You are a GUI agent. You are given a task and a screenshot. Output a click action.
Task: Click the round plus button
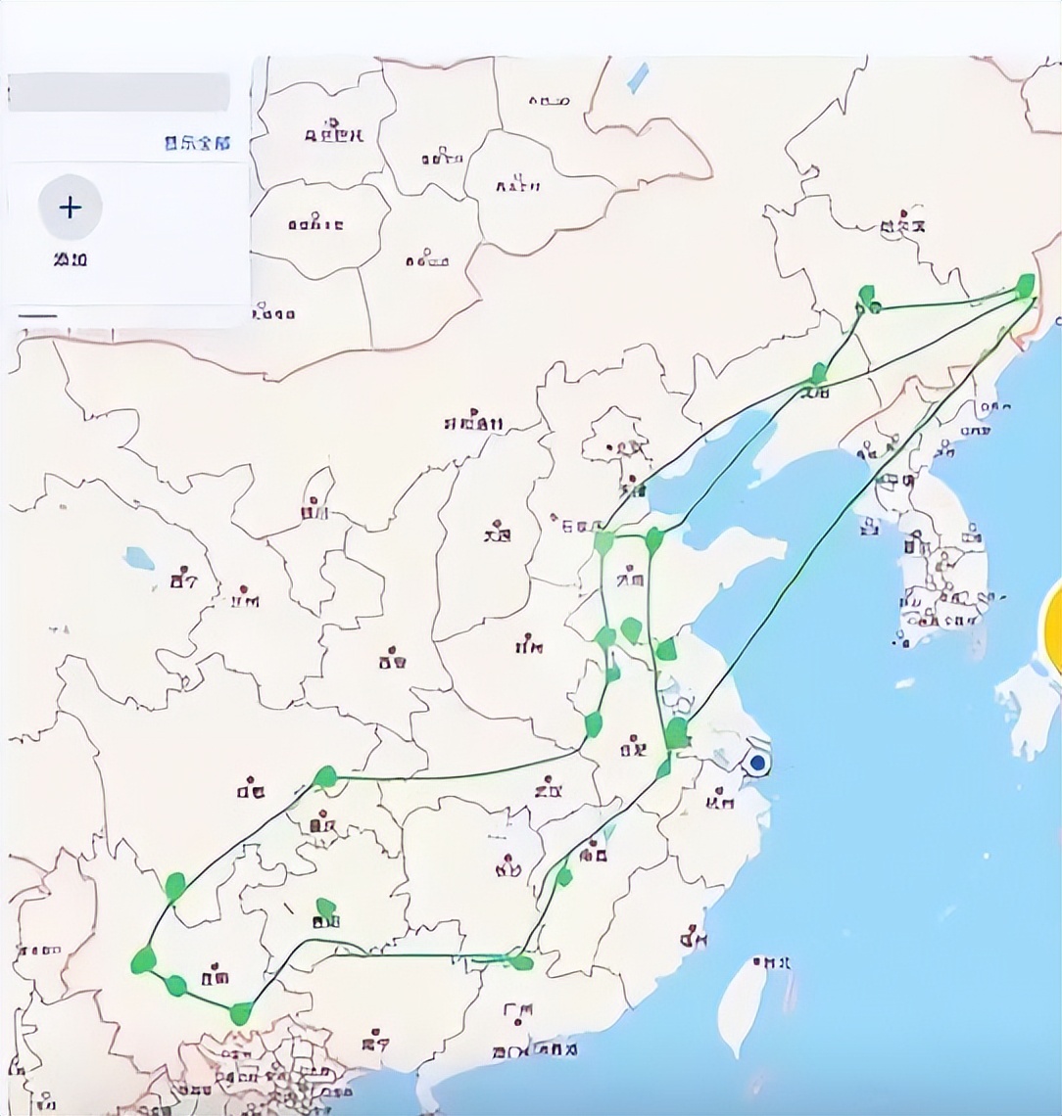pyautogui.click(x=70, y=208)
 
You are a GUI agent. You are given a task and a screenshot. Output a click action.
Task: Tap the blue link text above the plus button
pyautogui.click(x=197, y=143)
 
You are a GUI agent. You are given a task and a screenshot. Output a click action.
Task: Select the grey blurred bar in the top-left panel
pyautogui.click(x=119, y=93)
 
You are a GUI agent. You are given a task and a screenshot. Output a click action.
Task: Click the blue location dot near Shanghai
pyautogui.click(x=756, y=762)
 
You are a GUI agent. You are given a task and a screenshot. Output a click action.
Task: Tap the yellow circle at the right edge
pyautogui.click(x=1054, y=627)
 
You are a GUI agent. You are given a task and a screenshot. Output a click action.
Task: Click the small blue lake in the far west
pyautogui.click(x=139, y=559)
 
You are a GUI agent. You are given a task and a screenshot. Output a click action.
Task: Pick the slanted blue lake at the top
pyautogui.click(x=638, y=77)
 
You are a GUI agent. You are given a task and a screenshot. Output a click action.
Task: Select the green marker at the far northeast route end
pyautogui.click(x=1026, y=285)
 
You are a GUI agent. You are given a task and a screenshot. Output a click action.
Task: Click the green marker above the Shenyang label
pyautogui.click(x=819, y=373)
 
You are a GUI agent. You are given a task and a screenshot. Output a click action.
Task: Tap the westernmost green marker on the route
pyautogui.click(x=143, y=960)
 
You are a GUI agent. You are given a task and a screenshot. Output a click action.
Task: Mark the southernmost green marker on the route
pyautogui.click(x=240, y=1014)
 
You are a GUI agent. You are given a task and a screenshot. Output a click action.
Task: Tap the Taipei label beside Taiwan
pyautogui.click(x=773, y=962)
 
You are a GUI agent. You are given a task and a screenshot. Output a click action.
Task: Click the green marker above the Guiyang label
pyautogui.click(x=326, y=908)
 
